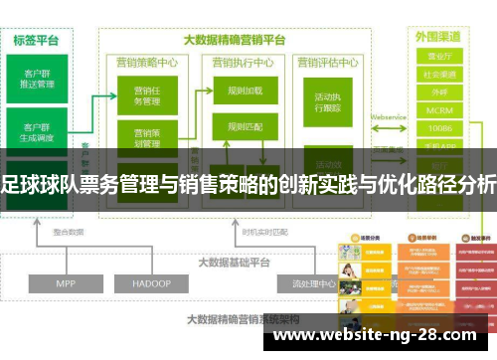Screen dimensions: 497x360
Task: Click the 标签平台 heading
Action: pyautogui.click(x=36, y=41)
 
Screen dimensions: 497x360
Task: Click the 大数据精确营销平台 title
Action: pyautogui.click(x=235, y=41)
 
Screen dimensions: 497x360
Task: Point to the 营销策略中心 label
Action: pyautogui.click(x=147, y=61)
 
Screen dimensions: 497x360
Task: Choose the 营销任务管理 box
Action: pyautogui.click(x=146, y=95)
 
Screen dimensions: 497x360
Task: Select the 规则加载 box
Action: pyautogui.click(x=244, y=90)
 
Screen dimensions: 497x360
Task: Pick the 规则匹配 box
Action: pyautogui.click(x=244, y=126)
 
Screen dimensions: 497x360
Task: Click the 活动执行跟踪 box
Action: pyautogui.click(x=329, y=103)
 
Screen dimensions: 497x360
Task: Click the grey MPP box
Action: pyautogui.click(x=67, y=255)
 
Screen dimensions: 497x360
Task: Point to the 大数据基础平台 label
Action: pyautogui.click(x=235, y=235)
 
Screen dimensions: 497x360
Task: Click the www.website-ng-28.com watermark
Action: pyautogui.click(x=382, y=338)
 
